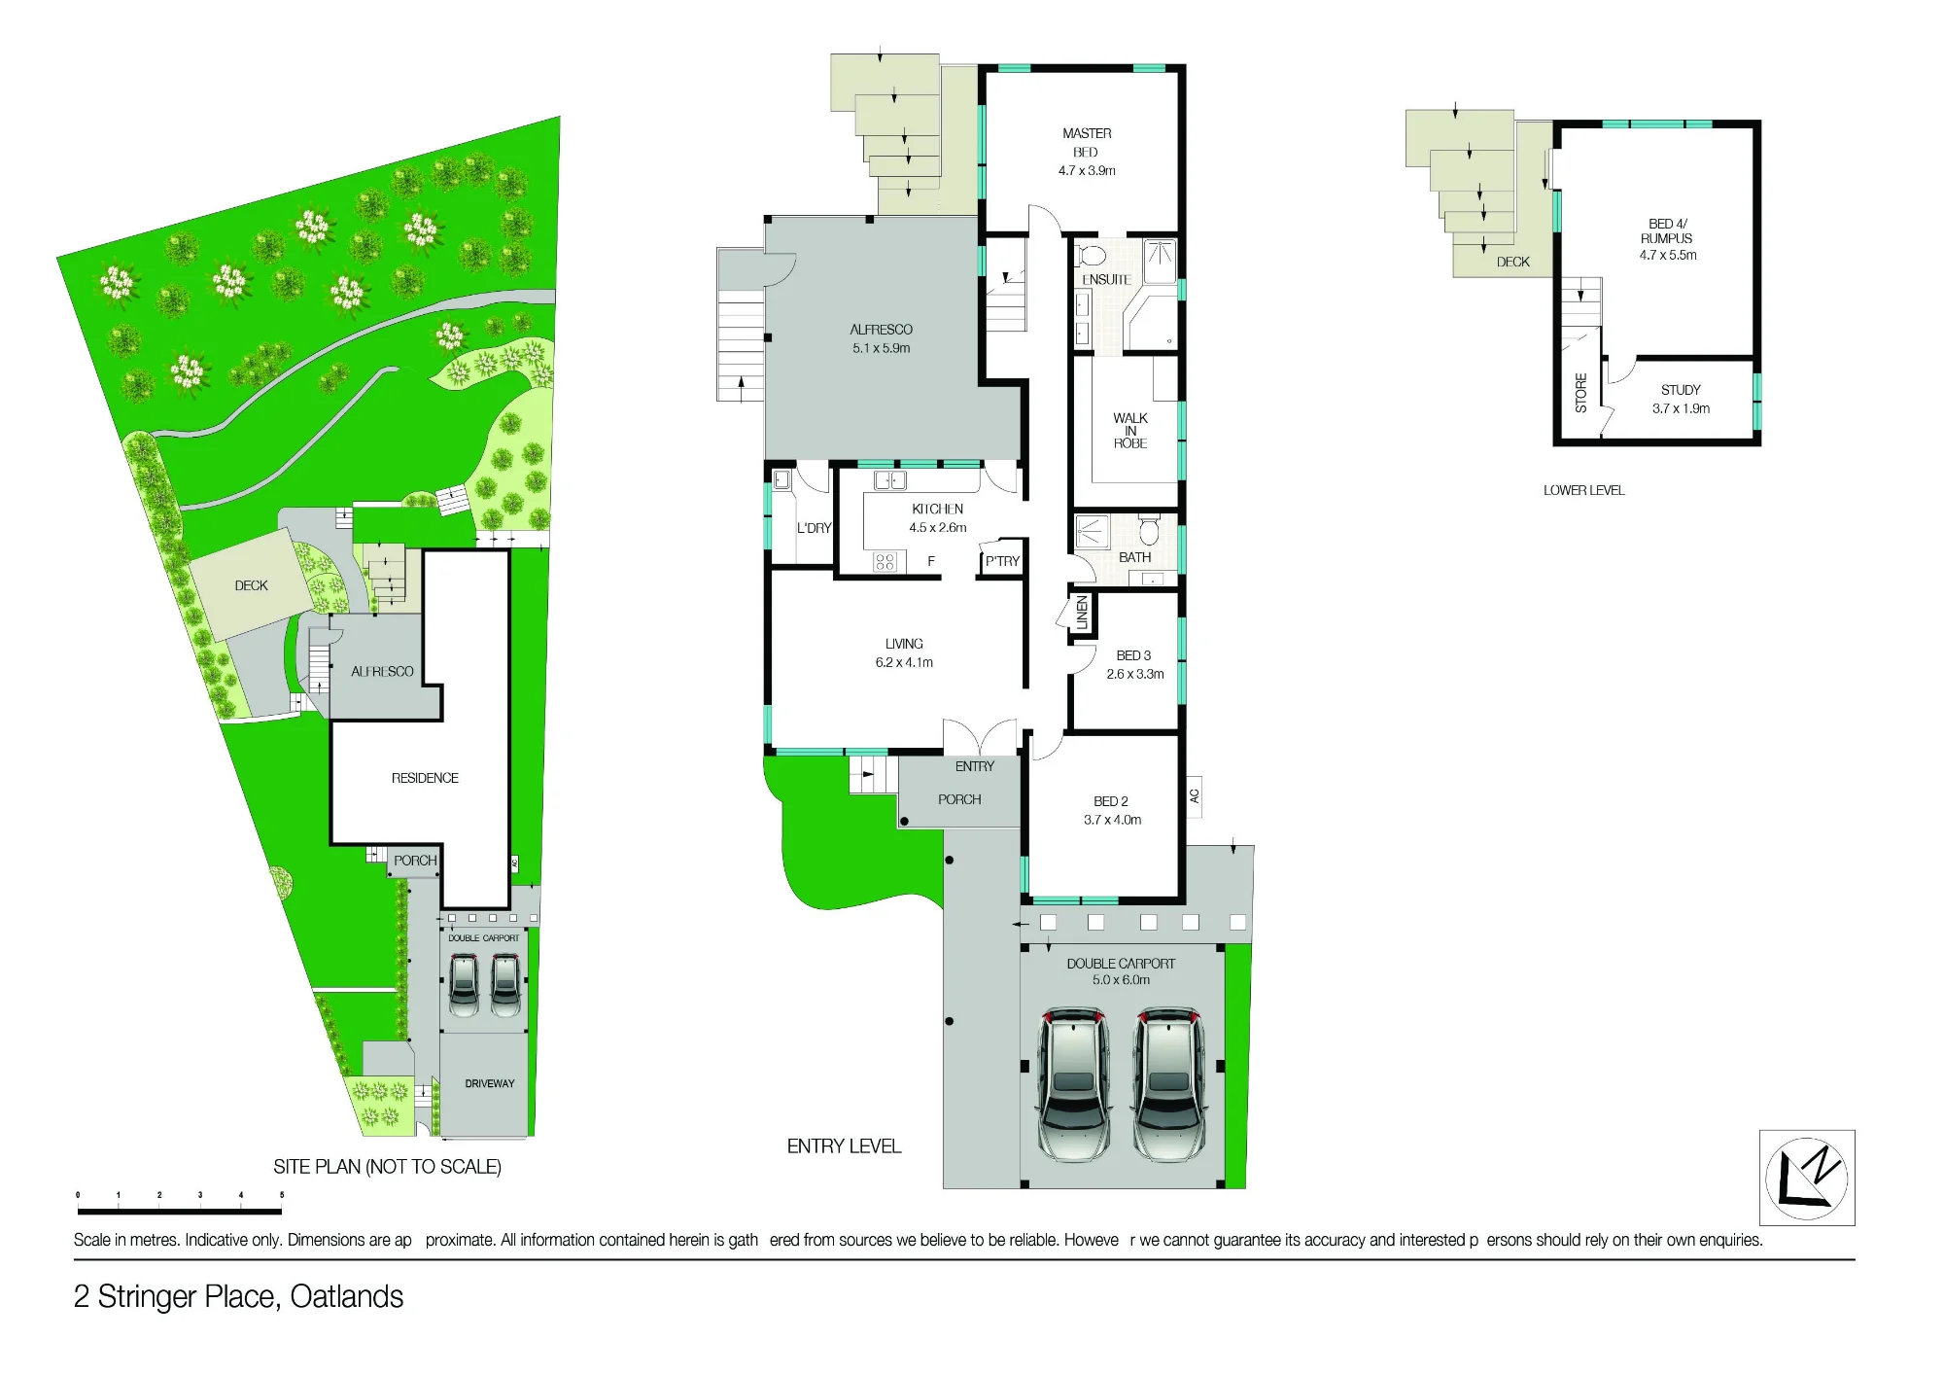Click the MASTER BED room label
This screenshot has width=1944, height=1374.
(1087, 142)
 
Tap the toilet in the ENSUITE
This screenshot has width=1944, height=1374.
(1092, 256)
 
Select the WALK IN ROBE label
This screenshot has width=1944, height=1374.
(1130, 431)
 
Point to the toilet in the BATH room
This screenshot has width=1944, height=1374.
(1149, 530)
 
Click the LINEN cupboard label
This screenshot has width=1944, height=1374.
(1082, 613)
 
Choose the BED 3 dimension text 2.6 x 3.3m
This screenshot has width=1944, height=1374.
(1135, 674)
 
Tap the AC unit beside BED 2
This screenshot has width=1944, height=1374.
(1195, 796)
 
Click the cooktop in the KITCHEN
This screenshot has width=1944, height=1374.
(884, 561)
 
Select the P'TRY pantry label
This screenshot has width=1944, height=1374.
(1002, 561)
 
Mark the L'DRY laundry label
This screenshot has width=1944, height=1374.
(814, 528)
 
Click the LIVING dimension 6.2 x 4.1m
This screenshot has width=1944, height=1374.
(904, 663)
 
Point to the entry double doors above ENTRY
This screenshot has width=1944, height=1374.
(980, 737)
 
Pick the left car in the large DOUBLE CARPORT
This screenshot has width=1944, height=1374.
(1073, 1083)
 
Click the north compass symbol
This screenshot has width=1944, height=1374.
(1807, 1178)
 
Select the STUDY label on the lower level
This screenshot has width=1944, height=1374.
(1681, 390)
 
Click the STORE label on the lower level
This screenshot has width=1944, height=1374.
(1581, 393)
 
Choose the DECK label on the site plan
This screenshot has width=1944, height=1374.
(251, 585)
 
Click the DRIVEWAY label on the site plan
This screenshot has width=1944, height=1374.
(490, 1083)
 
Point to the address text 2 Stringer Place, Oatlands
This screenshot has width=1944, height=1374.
(239, 1297)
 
